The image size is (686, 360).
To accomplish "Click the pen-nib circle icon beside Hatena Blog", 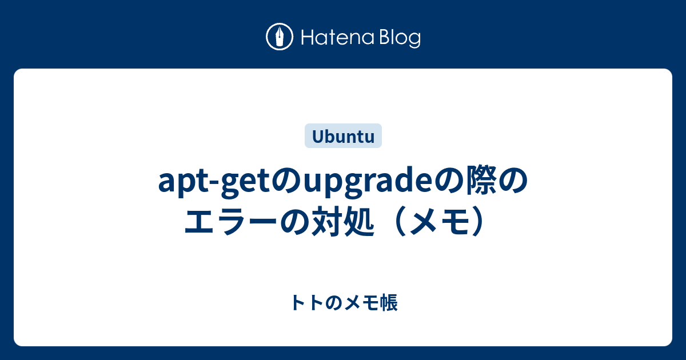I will click(280, 37).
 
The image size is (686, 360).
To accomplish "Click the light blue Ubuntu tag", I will click(343, 136).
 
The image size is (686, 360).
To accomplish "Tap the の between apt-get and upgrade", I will click(288, 182).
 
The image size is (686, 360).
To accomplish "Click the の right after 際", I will click(514, 182).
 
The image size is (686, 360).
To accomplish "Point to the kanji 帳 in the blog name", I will click(388, 303).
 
